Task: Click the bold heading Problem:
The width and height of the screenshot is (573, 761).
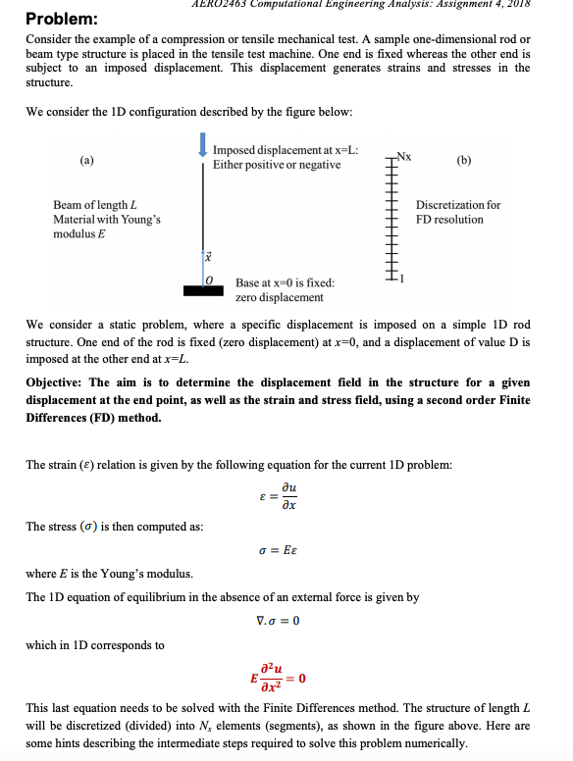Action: coord(61,19)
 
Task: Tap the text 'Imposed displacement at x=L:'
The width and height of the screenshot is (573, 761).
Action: coord(285,150)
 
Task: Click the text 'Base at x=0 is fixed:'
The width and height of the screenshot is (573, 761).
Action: coord(286,282)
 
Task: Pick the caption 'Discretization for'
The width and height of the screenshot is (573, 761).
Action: coord(458,205)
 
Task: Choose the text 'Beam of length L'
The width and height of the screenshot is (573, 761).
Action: coord(94,205)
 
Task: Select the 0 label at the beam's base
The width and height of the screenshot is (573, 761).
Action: coord(208,279)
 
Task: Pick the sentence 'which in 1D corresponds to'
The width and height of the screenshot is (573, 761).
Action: coord(95,644)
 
